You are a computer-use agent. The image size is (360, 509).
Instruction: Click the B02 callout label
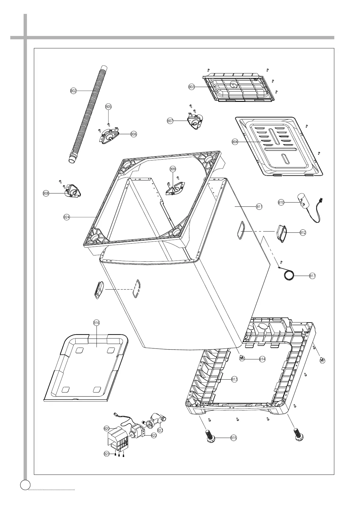73,91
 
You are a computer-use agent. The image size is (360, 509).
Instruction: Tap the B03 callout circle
191,87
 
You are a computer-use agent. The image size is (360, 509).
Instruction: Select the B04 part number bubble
235,142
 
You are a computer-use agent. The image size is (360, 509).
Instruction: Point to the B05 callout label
108,106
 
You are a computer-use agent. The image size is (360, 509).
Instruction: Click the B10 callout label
281,202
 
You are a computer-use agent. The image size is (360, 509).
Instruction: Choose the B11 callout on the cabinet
259,207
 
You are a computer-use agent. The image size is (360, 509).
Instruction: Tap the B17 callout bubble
313,276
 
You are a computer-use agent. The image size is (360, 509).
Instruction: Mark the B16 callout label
96,323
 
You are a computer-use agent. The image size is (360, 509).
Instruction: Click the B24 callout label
67,217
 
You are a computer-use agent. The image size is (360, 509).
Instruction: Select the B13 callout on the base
234,379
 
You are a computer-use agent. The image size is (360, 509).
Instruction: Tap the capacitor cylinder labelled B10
300,199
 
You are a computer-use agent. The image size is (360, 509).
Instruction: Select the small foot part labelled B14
242,358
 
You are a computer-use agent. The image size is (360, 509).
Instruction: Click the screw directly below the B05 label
109,124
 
